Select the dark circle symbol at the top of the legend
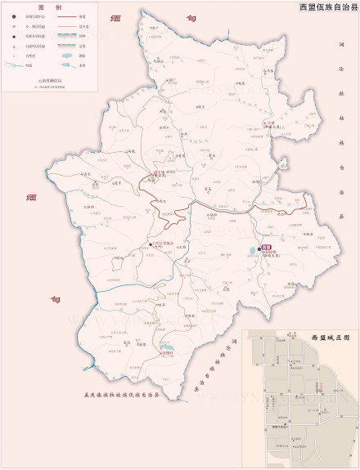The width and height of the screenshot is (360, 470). [14, 16]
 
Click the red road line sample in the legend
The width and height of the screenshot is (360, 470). [66, 16]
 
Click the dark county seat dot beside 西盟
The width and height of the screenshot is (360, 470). [260, 248]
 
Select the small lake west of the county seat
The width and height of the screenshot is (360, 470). [249, 253]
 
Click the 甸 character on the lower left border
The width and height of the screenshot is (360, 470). [55, 300]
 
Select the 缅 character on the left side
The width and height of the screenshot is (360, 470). [31, 198]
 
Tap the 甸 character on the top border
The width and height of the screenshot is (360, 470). [191, 18]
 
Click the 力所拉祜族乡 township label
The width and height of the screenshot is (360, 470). [162, 244]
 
